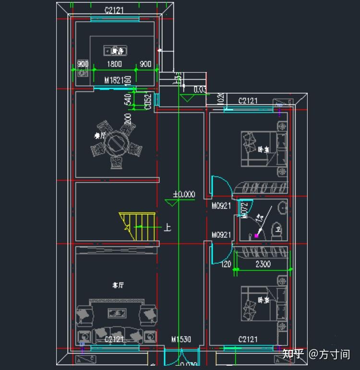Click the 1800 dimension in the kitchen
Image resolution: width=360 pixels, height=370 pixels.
point(114,64)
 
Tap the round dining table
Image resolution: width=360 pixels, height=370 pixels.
point(116,143)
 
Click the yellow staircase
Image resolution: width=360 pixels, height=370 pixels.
point(139,226)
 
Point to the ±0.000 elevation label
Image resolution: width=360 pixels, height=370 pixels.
point(184,195)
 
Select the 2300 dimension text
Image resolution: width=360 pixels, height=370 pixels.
point(263,264)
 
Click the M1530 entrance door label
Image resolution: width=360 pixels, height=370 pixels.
point(181,340)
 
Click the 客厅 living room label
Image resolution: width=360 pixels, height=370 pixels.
point(118,285)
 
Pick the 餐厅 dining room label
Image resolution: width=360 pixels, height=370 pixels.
point(100,136)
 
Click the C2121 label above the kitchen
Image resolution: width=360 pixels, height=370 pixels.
point(115,10)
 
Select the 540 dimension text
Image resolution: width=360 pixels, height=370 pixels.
point(128,100)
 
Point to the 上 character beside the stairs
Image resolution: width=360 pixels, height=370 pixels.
point(167,227)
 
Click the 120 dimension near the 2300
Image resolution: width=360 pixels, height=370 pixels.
point(226,264)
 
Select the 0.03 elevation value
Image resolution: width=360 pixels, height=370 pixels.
point(200,89)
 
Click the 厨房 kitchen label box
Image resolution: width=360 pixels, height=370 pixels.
point(114,50)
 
